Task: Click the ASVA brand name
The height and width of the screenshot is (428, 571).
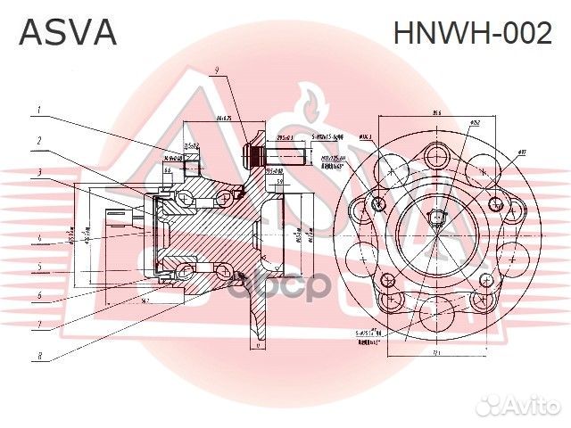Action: click(68, 33)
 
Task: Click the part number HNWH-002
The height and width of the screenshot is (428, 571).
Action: click(473, 34)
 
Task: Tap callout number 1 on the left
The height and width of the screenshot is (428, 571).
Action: click(39, 111)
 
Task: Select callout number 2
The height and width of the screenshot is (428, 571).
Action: click(39, 140)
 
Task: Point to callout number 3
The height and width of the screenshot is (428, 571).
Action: click(39, 170)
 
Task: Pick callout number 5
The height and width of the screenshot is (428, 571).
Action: click(39, 266)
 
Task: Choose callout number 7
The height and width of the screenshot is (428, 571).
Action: click(39, 325)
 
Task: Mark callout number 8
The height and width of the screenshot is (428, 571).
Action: click(39, 357)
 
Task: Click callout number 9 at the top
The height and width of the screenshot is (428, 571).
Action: click(216, 71)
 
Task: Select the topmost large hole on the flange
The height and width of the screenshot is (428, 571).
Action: click(438, 152)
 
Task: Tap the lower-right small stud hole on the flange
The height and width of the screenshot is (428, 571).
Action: click(485, 281)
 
